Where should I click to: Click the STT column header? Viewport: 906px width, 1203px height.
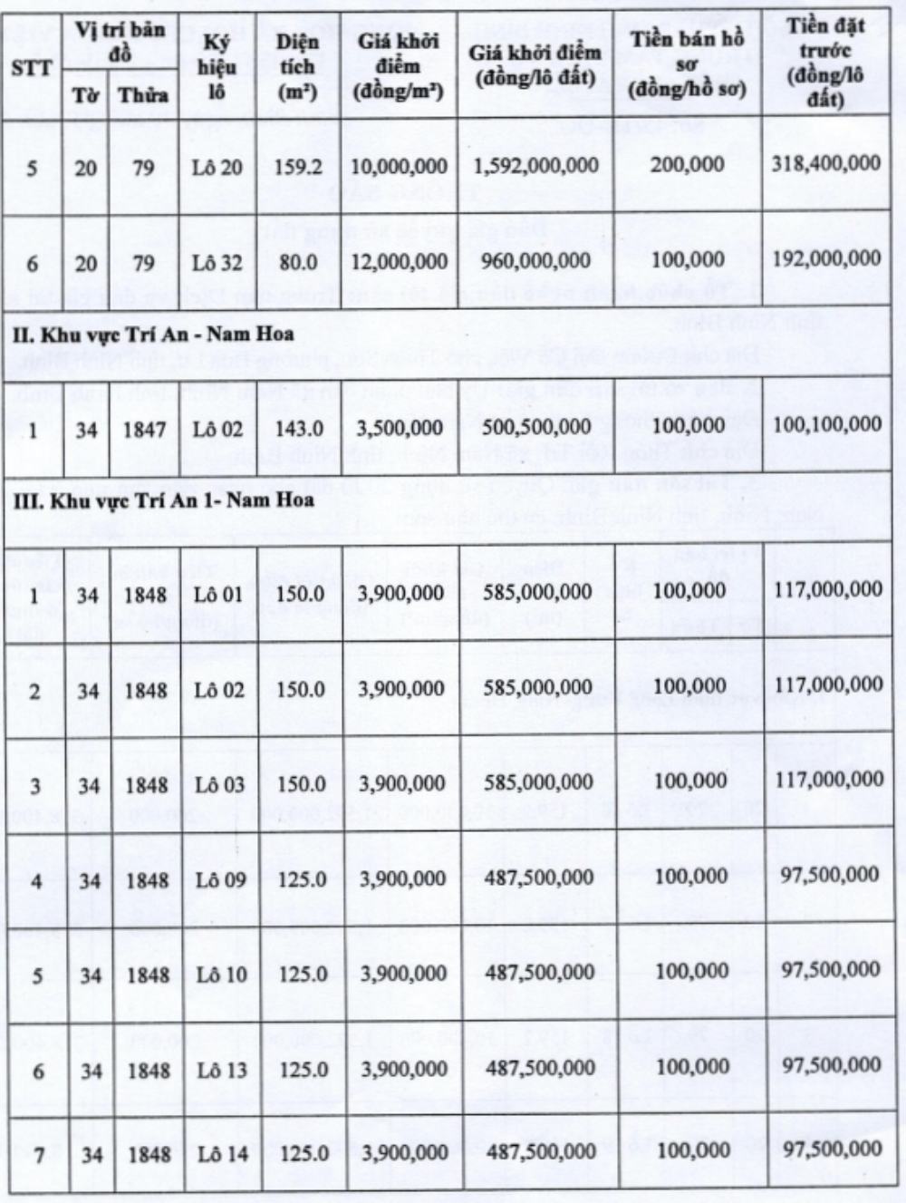click(x=32, y=68)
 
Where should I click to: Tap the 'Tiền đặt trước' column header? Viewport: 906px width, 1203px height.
click(x=824, y=62)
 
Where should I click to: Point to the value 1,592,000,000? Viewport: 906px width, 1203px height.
click(x=536, y=166)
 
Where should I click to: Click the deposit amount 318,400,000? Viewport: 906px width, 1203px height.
click(x=826, y=163)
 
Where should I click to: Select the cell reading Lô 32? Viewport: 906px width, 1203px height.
click(x=218, y=263)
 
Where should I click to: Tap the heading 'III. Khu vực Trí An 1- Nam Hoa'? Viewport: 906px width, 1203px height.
click(x=163, y=500)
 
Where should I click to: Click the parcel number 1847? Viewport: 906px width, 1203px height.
click(x=145, y=428)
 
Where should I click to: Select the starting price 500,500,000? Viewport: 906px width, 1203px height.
click(x=536, y=426)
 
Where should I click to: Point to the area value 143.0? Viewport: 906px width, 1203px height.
click(x=297, y=428)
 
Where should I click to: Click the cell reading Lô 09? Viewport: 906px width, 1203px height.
click(x=219, y=879)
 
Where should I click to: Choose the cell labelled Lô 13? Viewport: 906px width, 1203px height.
click(x=220, y=1071)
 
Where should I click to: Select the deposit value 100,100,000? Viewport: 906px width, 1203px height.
click(x=826, y=424)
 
